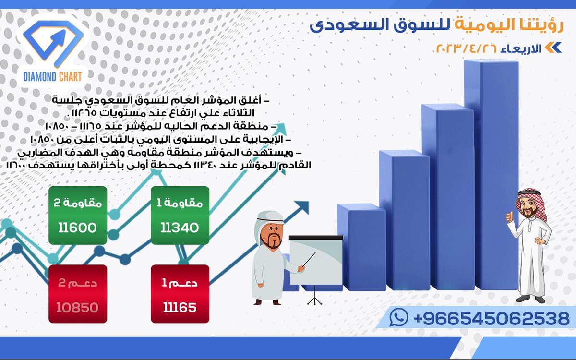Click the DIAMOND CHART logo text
tap(53, 76)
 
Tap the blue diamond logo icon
tap(53, 43)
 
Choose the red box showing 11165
tap(180, 294)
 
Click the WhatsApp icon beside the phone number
tap(399, 317)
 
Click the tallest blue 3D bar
tap(491, 178)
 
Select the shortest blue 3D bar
tap(291, 278)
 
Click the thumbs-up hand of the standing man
tap(509, 217)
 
